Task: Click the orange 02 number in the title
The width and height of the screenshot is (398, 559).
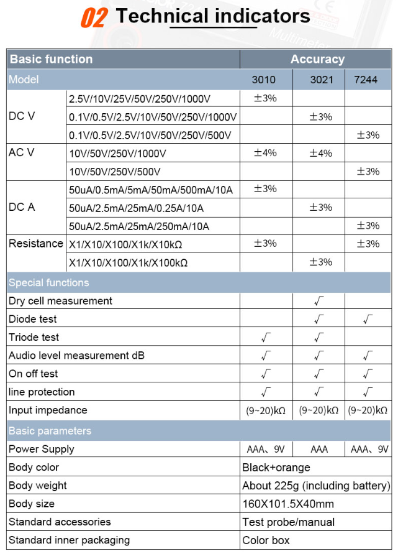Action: pos(94,17)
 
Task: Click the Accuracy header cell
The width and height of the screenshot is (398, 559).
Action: pos(317,60)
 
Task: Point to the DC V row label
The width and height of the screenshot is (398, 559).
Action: pos(22,116)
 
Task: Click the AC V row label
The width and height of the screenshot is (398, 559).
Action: pos(22,153)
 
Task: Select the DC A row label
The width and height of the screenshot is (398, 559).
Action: pos(22,207)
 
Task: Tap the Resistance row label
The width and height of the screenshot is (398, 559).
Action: pos(35,244)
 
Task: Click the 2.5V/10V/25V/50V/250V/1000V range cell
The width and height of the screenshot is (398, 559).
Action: pos(140,99)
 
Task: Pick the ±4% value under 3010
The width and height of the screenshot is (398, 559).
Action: pos(265,153)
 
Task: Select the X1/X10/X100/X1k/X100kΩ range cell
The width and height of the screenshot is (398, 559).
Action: pos(128,262)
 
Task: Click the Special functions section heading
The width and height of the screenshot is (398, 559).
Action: pos(48,283)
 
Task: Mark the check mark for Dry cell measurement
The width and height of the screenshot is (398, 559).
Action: pos(319,301)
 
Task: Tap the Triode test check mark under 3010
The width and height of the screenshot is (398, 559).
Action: pos(266,338)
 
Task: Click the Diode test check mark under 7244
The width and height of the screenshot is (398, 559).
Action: pos(368,320)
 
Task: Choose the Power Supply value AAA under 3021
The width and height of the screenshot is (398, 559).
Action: pos(319,449)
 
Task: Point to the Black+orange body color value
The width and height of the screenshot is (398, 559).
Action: pos(276,468)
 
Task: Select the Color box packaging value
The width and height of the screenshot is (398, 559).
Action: pos(266,540)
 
